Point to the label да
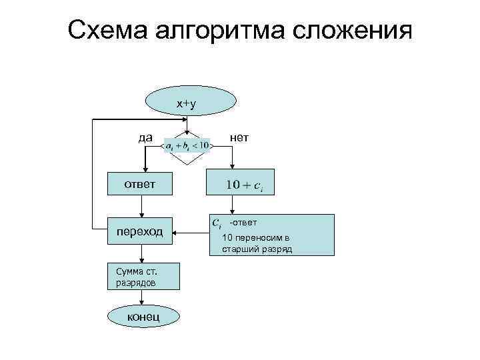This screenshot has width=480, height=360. [145, 137]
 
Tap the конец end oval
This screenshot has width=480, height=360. [143, 315]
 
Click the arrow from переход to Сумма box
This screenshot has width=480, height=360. [142, 254]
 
